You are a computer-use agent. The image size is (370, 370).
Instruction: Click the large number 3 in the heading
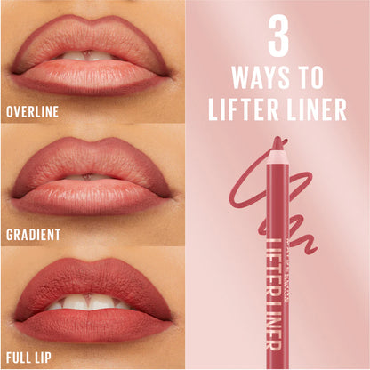coord(277,36)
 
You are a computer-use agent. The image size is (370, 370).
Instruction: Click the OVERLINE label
coord(32,112)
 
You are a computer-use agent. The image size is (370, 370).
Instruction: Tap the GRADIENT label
coord(33,235)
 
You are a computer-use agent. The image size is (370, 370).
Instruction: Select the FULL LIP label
coord(28,358)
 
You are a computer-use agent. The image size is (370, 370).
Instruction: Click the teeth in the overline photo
coord(87,56)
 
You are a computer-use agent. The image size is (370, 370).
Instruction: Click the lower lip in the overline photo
coord(89,76)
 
